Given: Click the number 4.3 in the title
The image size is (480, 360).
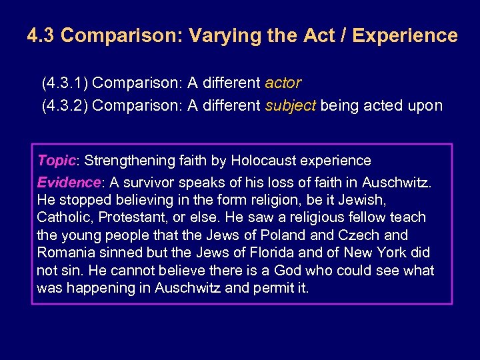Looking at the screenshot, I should tap(41, 35).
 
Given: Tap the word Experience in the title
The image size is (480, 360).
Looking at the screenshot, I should tap(405, 35).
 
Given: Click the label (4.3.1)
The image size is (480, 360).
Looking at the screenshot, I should tap(65, 83).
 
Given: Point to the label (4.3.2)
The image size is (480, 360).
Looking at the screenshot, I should tap(65, 105).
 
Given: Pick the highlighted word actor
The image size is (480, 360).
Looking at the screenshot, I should tap(283, 83).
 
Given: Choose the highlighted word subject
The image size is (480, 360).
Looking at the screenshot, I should tap(291, 105).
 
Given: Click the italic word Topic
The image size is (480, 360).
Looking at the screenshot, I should tap(57, 161).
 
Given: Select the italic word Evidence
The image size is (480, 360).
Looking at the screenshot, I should tap(68, 183).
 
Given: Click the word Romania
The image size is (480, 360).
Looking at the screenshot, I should tap(66, 253).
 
